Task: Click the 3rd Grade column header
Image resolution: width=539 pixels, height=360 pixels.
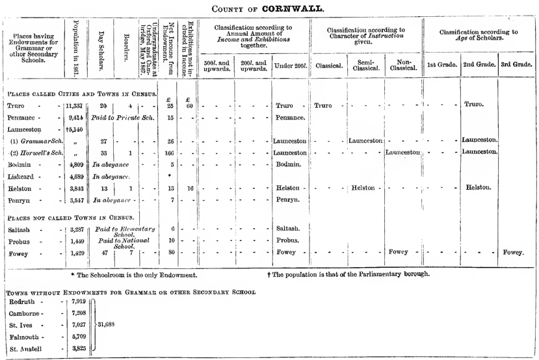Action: (518, 65)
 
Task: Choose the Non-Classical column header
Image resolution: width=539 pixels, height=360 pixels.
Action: (403, 65)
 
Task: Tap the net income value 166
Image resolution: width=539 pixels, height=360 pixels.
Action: (171, 152)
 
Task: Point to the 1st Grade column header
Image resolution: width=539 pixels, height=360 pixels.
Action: (441, 65)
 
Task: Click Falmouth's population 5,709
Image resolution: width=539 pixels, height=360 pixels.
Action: (78, 337)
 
